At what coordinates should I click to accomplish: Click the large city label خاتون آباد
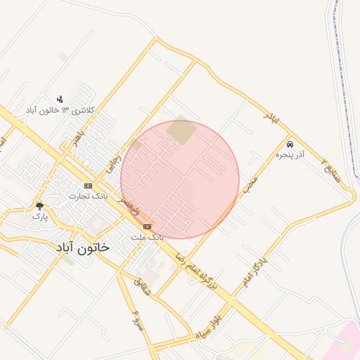coord(82,248)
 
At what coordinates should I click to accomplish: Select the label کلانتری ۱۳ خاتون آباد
coord(60,110)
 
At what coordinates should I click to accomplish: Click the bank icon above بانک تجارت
coord(88,186)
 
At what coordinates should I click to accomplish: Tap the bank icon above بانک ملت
coord(147,226)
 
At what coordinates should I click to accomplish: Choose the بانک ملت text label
coord(147,237)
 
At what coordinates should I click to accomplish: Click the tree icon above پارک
coord(39,206)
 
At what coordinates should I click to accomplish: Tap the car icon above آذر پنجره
coord(290,143)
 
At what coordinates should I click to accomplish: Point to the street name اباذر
coord(271,118)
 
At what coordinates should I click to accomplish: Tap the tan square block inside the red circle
coord(182,131)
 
